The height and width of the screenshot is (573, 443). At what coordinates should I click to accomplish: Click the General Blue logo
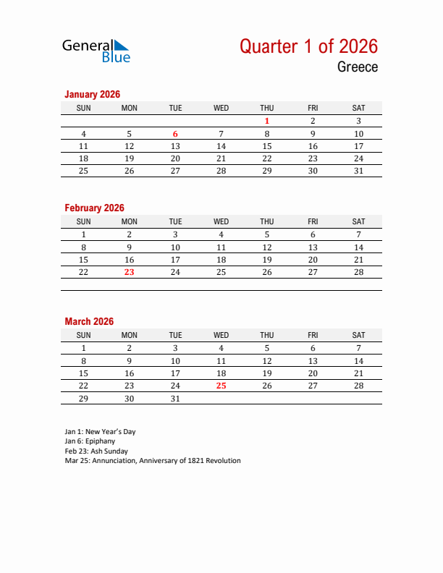(96, 50)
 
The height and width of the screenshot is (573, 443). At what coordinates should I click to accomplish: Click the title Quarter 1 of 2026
(308, 46)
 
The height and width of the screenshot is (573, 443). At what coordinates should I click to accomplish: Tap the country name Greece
(357, 67)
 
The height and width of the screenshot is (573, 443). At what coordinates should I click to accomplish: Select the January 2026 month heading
(92, 94)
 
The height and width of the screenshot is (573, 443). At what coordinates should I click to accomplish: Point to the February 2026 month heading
(94, 208)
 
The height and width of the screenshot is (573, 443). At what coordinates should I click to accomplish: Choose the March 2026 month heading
(89, 321)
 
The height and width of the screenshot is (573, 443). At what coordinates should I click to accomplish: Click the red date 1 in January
(267, 122)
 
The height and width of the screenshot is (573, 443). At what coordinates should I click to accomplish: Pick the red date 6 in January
(175, 134)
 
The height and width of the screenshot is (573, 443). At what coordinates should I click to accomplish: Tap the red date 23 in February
(130, 272)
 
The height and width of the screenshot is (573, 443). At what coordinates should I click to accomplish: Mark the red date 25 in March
(221, 386)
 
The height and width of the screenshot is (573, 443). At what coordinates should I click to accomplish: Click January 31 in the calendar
(358, 171)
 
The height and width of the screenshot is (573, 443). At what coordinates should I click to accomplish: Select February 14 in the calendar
(358, 247)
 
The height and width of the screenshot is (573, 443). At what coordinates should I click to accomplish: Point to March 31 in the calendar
(175, 398)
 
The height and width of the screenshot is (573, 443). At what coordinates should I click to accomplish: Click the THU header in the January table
(267, 108)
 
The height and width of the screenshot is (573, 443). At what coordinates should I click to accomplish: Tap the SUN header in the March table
(84, 335)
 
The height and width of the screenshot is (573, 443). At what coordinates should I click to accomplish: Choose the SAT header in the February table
(358, 221)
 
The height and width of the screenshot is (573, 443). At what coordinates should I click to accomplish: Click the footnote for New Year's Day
(100, 432)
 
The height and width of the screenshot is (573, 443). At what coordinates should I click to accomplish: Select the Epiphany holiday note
(90, 441)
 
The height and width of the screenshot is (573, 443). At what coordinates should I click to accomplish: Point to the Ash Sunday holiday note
(96, 451)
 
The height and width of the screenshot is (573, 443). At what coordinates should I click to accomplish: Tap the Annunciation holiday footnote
(152, 460)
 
